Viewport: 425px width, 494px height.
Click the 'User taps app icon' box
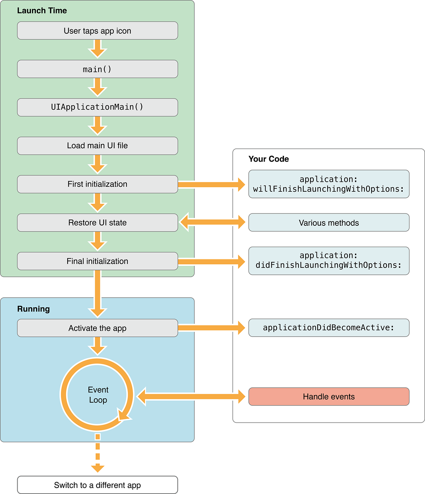[97, 31]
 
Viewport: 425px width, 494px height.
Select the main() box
[97, 69]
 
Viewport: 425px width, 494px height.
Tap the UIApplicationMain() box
[97, 107]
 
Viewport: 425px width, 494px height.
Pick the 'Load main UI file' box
[97, 146]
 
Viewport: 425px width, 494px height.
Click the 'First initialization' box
[97, 184]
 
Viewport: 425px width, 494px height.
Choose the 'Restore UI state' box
[97, 223]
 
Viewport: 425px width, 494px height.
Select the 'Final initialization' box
[97, 261]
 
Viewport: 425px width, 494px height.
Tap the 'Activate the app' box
[97, 328]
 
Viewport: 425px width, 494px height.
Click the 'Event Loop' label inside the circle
[98, 395]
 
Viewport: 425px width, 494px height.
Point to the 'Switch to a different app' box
[97, 485]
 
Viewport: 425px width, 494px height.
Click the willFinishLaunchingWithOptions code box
[329, 184]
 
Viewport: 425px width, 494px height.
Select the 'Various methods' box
[329, 223]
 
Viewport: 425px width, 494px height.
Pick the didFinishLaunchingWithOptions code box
[329, 261]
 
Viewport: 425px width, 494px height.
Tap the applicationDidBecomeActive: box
[329, 328]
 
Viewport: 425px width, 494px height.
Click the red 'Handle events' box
[329, 397]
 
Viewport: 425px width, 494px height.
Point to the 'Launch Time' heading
[42, 11]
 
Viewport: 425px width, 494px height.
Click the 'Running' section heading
[33, 309]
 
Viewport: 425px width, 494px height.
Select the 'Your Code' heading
[268, 159]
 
